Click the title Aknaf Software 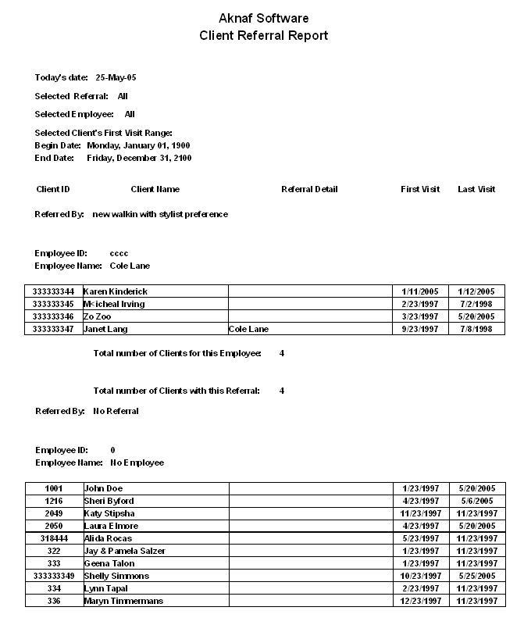click(263, 18)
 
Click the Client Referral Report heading click(263, 36)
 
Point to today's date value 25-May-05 click(116, 78)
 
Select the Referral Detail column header click(309, 189)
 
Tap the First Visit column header click(420, 189)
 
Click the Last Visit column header click(476, 189)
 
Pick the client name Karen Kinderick click(115, 291)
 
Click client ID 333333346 click(53, 316)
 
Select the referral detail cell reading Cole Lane click(248, 329)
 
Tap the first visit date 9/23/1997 click(420, 329)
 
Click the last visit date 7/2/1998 click(476, 304)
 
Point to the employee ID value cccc click(119, 253)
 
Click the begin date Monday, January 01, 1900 click(138, 145)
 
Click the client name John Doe click(103, 488)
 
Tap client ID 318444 click(54, 538)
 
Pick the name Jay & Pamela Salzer click(124, 551)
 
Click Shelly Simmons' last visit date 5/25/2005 click(476, 576)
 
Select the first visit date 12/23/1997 click(420, 601)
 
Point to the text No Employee click(137, 462)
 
